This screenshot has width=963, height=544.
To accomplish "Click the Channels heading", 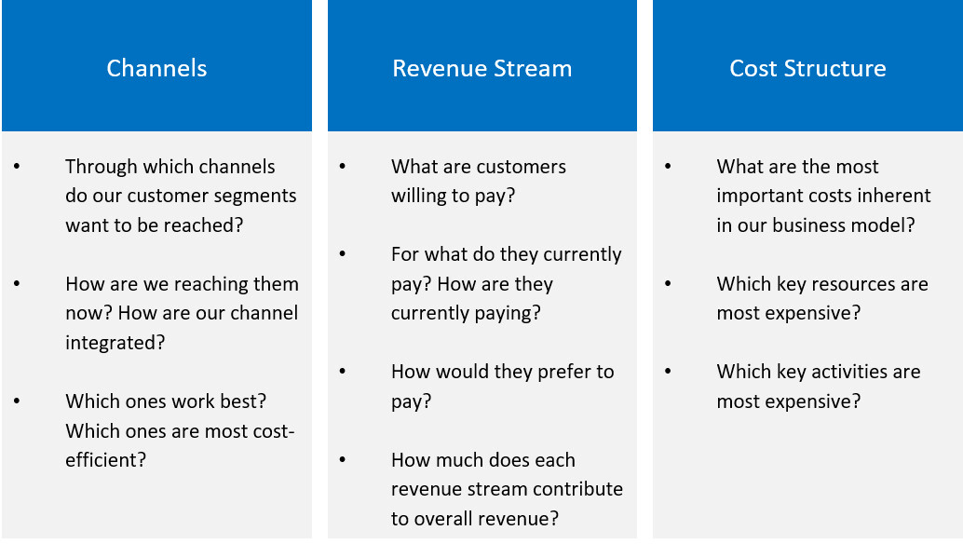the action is [156, 68].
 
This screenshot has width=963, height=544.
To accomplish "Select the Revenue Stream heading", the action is [482, 68].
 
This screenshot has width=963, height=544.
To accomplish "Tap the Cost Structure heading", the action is [807, 68].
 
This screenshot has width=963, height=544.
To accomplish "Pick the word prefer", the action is [550, 372].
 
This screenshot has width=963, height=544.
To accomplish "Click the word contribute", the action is [578, 489].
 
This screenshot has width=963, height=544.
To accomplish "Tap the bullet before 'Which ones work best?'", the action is [17, 401].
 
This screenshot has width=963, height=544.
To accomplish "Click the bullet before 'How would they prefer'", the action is [343, 372].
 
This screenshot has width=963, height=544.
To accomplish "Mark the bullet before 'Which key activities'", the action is [668, 372].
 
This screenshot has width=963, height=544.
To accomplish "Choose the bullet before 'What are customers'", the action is [343, 167].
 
